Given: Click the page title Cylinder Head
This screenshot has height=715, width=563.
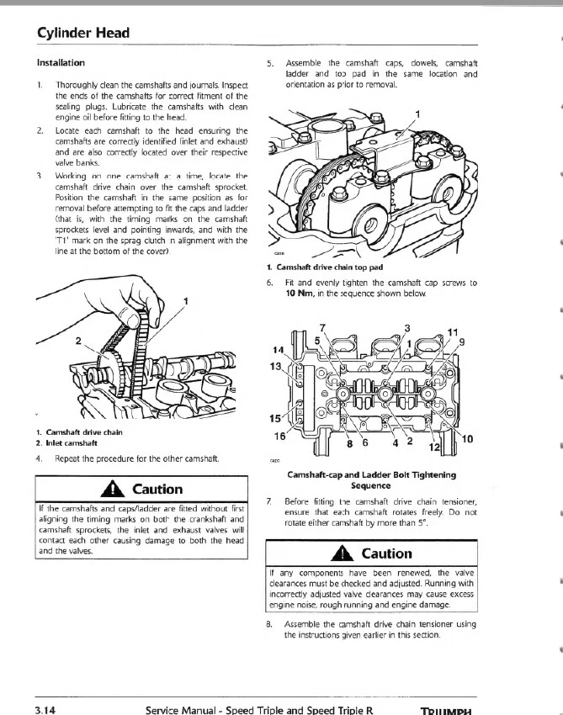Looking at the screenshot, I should point(82,34).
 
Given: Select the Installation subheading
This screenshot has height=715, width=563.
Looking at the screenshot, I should point(61,63).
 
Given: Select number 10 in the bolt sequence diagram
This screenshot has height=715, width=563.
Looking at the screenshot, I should point(467,439).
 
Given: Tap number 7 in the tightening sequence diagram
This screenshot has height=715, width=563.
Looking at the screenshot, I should point(321,327).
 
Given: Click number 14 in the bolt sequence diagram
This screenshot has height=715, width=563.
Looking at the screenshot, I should point(278,349).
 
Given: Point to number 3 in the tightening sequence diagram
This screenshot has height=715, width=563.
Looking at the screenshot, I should point(407,328).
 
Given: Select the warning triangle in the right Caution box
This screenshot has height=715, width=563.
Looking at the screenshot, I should point(346,553).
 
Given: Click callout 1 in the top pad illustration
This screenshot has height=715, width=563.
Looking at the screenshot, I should point(418,115).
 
